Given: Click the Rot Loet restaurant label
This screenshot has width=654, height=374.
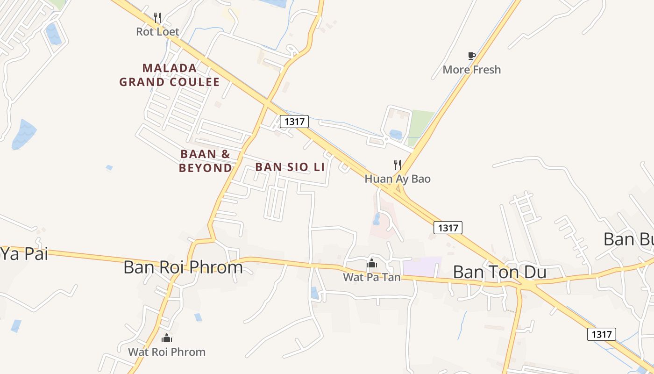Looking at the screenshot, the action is pos(157,32).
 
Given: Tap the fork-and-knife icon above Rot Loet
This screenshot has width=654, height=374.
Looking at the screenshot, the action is pos(157,18).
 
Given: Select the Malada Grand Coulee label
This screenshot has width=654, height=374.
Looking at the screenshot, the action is pos(169,75).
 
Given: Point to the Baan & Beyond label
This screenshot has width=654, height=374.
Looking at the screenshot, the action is pos(206,161).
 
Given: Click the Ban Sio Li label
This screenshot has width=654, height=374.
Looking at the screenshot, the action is pos(290,167).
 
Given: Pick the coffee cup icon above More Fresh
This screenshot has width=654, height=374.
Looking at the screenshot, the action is pos(472,56).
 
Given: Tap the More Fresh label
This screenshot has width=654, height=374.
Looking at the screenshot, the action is pos(471,70).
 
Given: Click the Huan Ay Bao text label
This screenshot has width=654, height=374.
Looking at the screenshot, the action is pos(398,179).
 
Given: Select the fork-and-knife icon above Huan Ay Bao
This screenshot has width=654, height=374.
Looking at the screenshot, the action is pos(398,165).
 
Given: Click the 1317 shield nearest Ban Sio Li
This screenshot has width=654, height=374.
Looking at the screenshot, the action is pos(294,122).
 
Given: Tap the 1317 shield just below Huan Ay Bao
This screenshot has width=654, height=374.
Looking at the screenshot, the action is pos(448,228).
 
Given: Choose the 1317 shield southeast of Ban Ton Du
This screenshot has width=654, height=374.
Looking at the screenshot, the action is pos(601,334).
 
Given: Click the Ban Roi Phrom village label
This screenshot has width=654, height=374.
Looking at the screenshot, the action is pos(183,267).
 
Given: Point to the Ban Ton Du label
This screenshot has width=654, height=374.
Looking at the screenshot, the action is pos(499,272).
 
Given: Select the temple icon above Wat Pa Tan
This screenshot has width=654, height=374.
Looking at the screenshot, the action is pos(372,264).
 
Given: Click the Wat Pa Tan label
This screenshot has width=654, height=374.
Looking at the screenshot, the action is pos(372,277).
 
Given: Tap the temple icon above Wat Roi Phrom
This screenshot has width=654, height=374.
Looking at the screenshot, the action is pos(167,338).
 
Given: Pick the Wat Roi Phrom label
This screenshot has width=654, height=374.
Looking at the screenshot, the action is pos(167,352).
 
